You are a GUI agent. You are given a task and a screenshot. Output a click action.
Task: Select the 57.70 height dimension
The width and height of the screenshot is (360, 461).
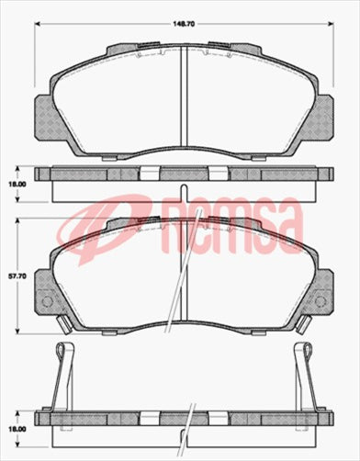point(15,274)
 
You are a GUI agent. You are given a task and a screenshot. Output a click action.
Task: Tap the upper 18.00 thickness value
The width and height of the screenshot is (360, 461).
point(15,184)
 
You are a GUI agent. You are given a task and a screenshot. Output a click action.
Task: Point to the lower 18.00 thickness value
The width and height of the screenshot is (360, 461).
point(15,429)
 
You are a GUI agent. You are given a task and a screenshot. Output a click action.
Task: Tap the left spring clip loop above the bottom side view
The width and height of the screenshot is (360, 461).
point(62,351)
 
